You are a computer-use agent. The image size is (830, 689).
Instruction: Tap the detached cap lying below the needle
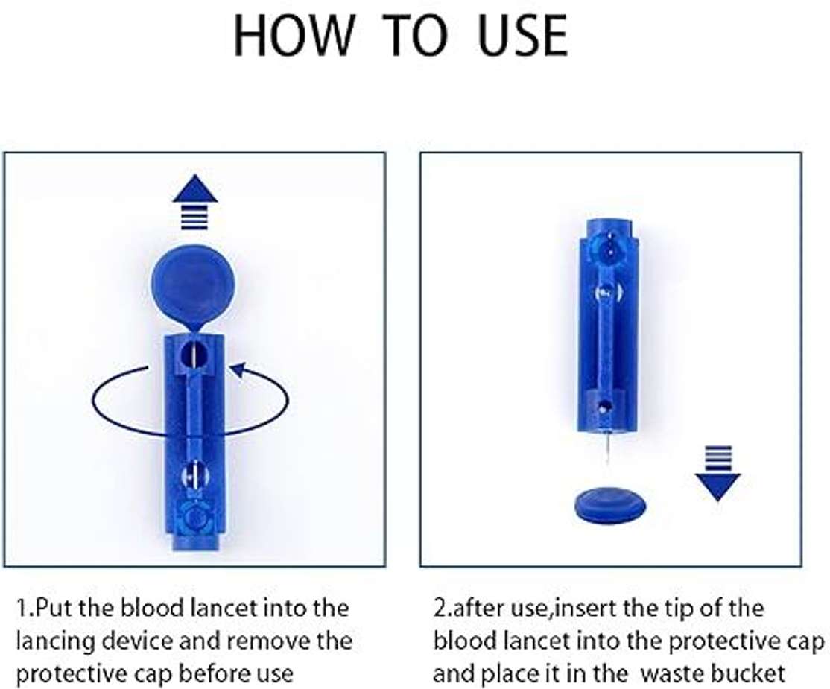click(x=610, y=506)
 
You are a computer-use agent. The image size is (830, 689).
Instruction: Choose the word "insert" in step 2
click(x=580, y=608)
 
